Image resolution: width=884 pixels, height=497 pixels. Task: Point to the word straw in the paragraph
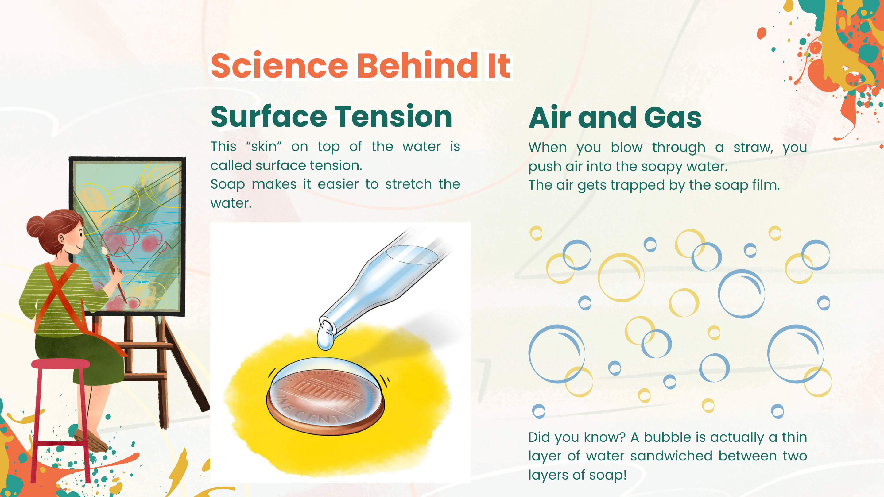(753, 148)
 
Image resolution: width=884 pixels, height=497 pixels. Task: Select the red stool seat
(60, 364)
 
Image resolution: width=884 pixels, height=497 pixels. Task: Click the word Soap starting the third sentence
(227, 184)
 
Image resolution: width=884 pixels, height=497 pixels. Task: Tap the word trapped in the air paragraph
(642, 185)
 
